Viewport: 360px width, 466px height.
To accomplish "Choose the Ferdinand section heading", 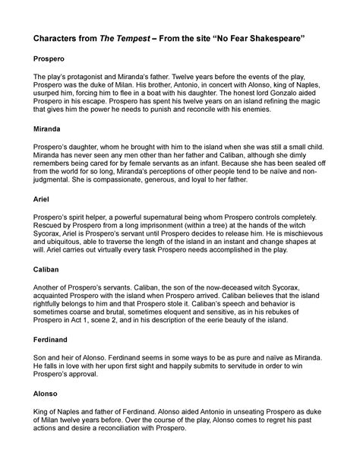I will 47,341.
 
